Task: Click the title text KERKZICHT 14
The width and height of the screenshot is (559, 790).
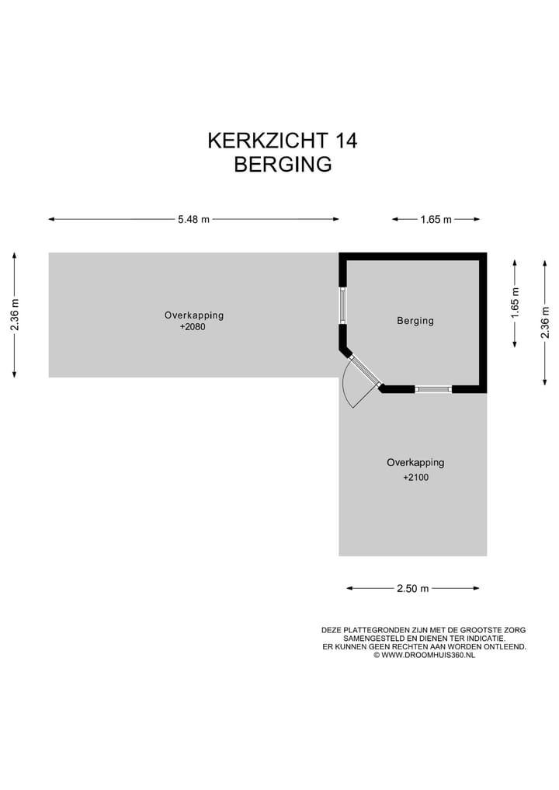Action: point(282,141)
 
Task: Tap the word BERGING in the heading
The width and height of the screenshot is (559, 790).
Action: point(283,165)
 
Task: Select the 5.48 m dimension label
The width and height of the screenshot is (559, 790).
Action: point(193,219)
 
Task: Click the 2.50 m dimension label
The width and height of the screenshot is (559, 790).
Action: point(412,588)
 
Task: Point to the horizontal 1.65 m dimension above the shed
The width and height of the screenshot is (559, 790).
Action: point(436,220)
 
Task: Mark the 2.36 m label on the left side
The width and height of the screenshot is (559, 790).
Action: point(15,315)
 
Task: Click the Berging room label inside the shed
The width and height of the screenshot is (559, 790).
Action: point(415,320)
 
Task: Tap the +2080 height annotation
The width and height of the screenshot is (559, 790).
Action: point(193,327)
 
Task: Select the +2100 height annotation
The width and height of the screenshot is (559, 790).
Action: point(415,478)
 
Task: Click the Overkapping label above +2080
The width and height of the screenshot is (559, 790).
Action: point(193,315)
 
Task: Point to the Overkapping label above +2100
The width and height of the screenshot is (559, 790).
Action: point(415,462)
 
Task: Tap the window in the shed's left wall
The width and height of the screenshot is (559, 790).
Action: point(342,305)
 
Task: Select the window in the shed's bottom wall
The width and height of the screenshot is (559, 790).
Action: point(433,388)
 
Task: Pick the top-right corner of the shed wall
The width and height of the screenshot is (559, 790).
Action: point(482,257)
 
